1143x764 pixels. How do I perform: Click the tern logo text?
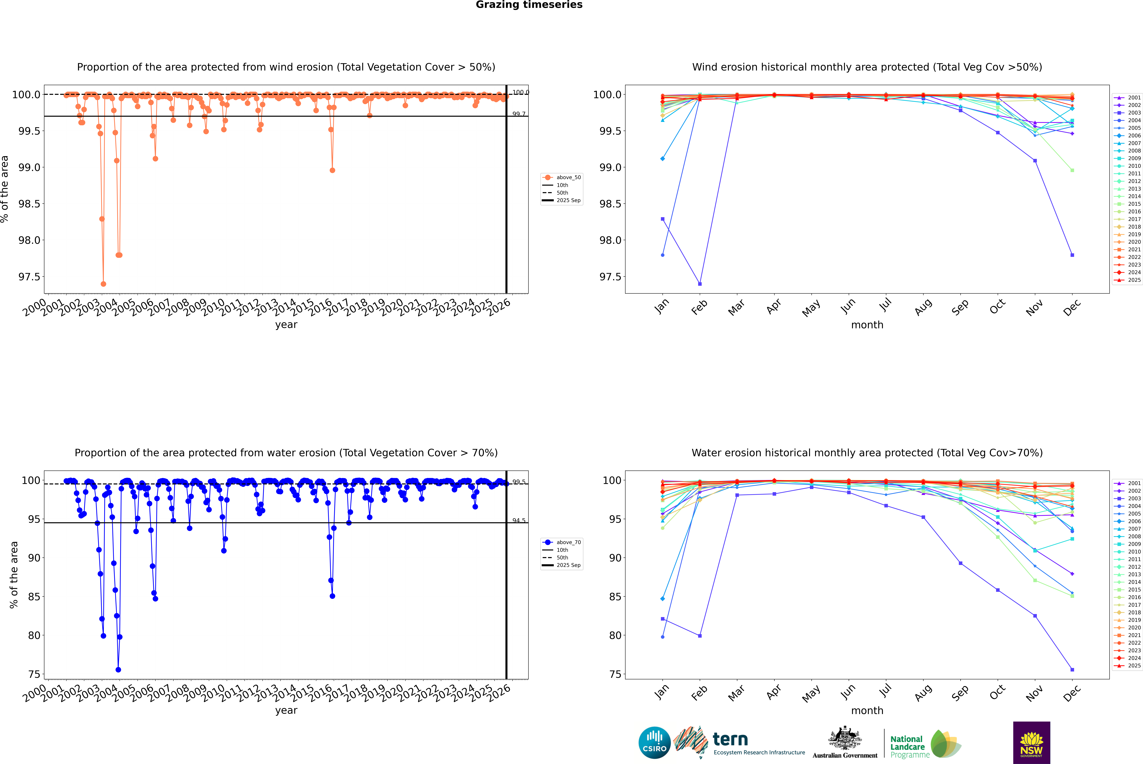tap(730, 740)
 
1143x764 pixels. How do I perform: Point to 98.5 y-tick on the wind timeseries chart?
tap(29, 204)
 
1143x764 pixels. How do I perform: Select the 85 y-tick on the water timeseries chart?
tap(34, 596)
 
